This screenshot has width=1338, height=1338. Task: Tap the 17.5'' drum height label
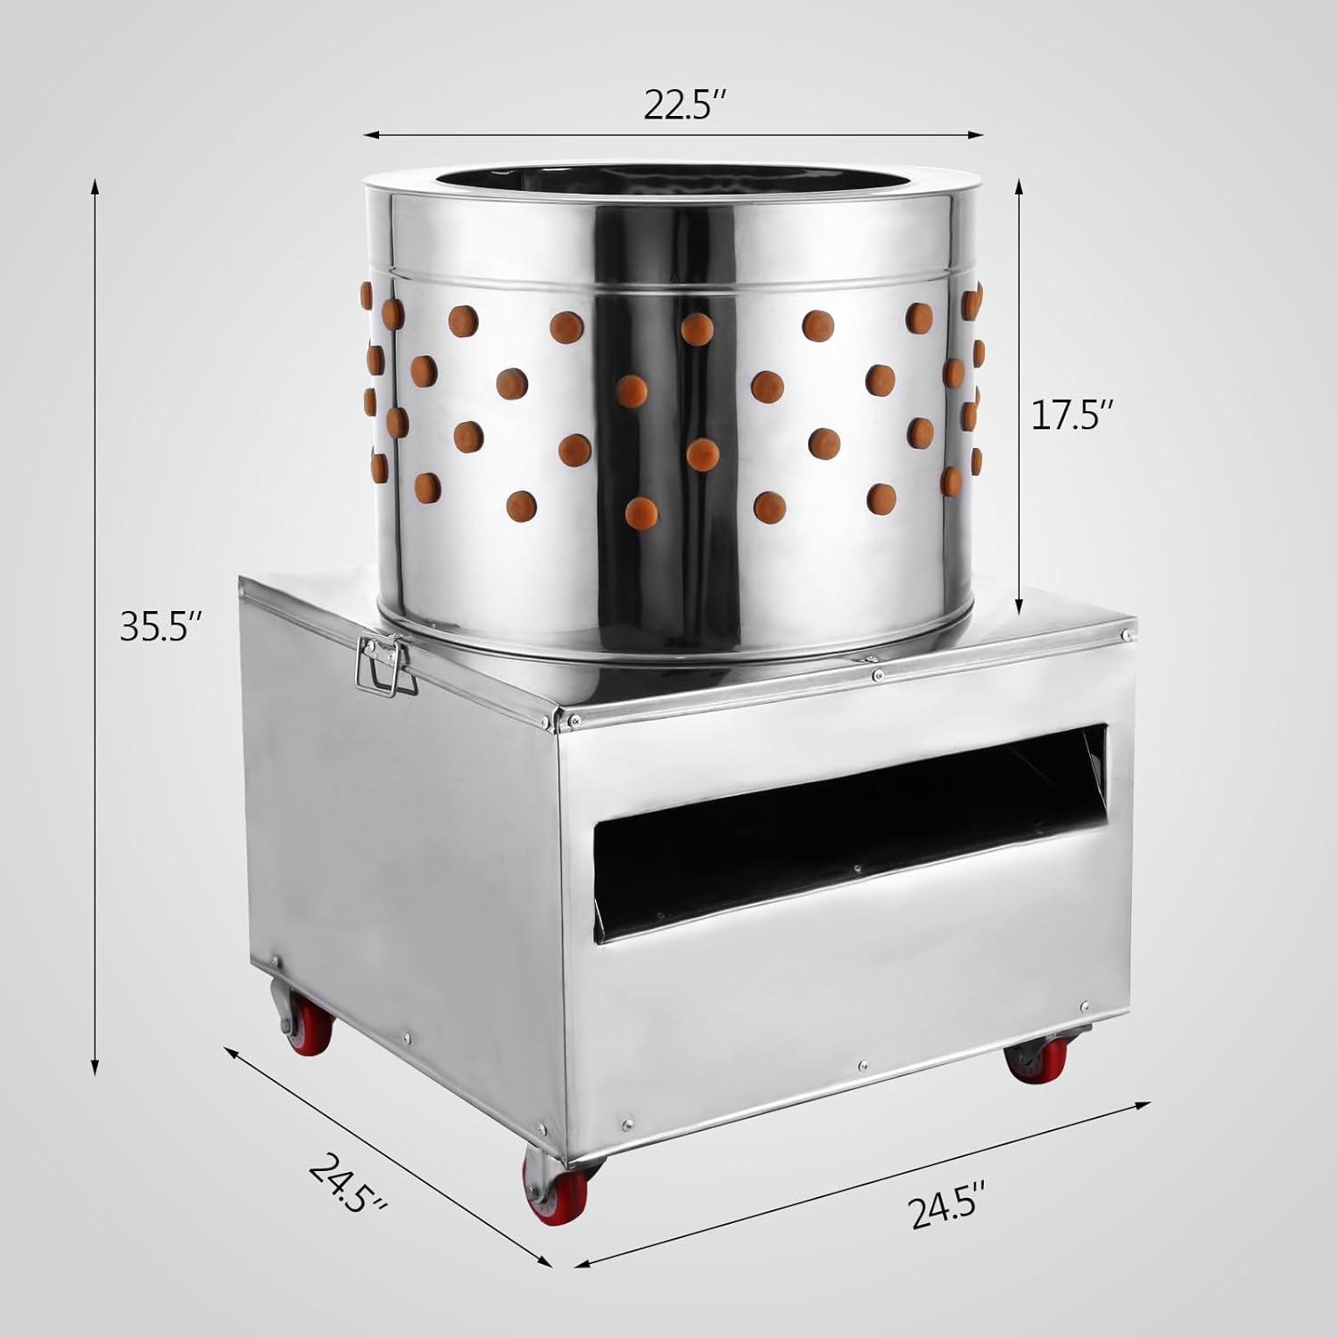point(1073,417)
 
